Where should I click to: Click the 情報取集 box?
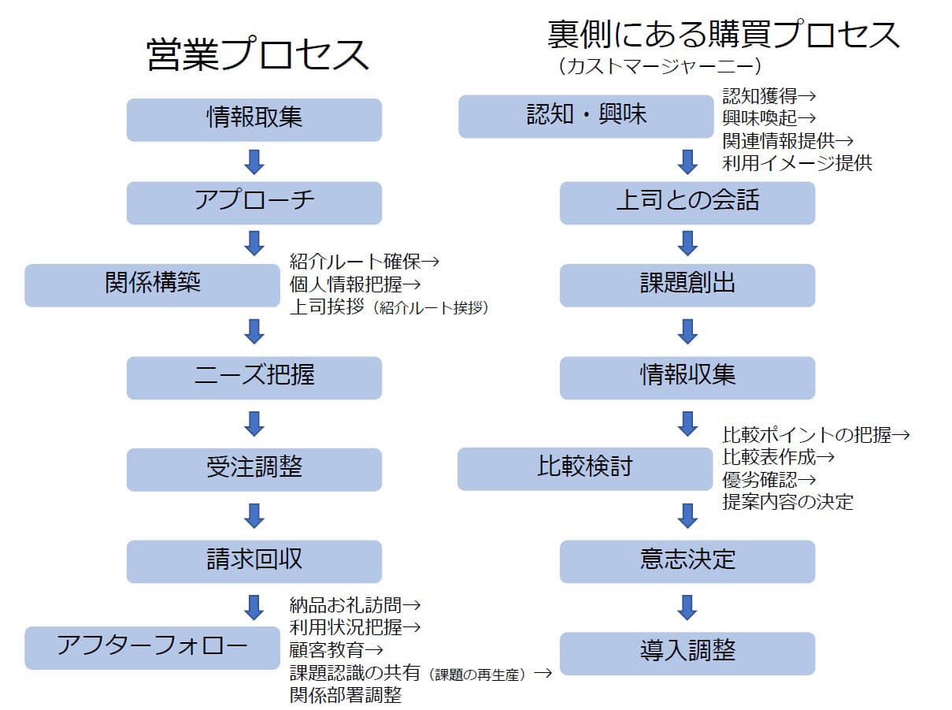pos(254,119)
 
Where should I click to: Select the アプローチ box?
pos(254,203)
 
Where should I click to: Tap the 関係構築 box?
pos(152,284)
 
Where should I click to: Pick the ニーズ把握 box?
pos(254,377)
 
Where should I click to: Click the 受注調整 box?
pos(254,469)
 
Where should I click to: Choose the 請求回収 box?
pos(254,561)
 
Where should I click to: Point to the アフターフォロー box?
pos(152,647)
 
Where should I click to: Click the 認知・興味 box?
pos(586,116)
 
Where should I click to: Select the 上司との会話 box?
pos(687,203)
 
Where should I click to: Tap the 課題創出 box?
pos(687,284)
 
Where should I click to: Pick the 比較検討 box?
pos(584,468)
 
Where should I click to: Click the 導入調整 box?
pos(687,652)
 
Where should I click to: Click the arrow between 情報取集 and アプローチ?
pos(254,162)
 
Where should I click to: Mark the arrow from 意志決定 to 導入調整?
pos(687,607)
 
